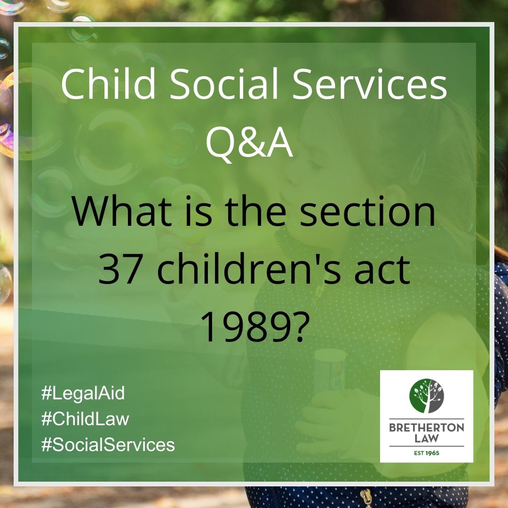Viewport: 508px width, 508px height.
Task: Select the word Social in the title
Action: pyautogui.click(x=224, y=83)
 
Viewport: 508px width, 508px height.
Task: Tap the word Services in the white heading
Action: pyautogui.click(x=370, y=83)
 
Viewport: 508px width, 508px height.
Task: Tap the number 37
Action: pyautogui.click(x=119, y=270)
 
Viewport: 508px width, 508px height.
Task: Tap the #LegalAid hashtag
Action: pyautogui.click(x=83, y=393)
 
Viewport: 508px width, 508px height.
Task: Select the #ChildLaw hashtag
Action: pyautogui.click(x=85, y=419)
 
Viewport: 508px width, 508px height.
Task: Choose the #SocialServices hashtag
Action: pyautogui.click(x=108, y=444)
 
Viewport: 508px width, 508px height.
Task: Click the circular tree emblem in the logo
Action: pyautogui.click(x=426, y=396)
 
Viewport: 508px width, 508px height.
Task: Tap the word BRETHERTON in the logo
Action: pyautogui.click(x=426, y=428)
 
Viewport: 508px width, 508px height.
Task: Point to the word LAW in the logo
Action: pyautogui.click(x=427, y=439)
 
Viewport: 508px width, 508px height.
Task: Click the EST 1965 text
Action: pyautogui.click(x=426, y=453)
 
